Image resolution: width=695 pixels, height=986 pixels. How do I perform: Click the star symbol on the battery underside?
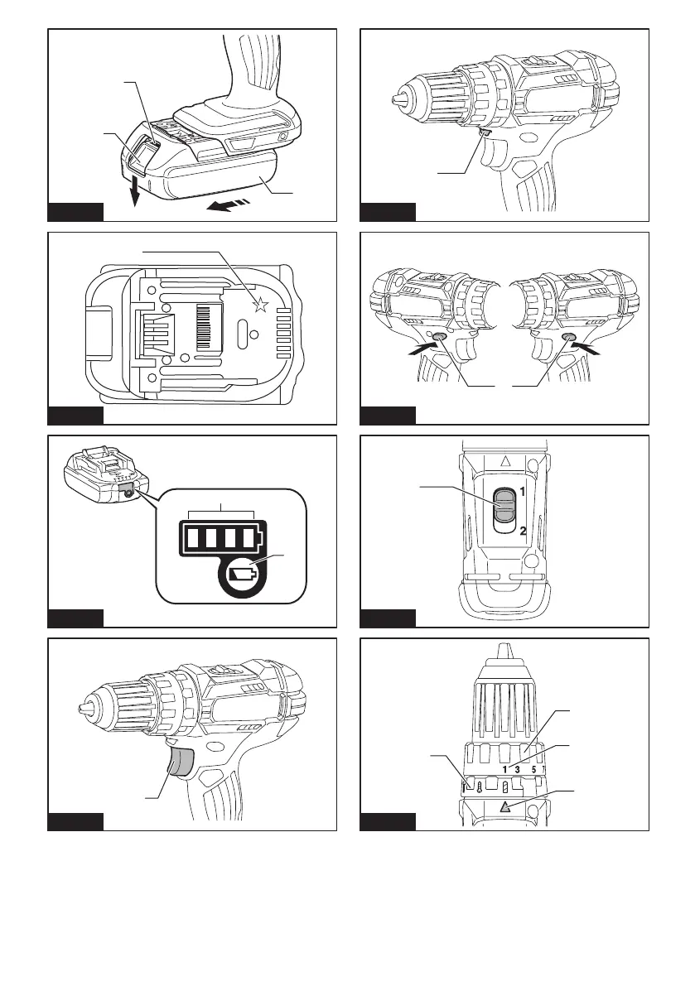(x=261, y=305)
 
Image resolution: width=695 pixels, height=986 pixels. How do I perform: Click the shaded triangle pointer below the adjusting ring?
(x=505, y=807)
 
